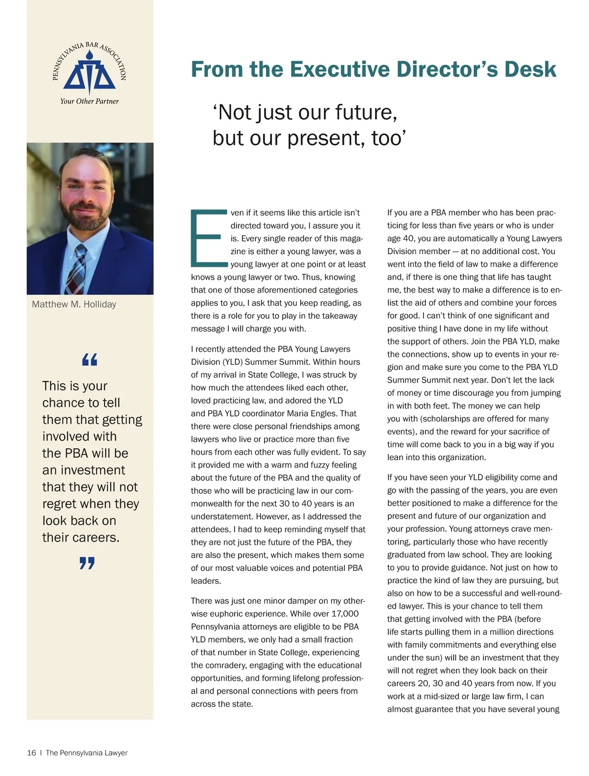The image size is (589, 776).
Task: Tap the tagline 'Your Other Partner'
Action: (x=89, y=101)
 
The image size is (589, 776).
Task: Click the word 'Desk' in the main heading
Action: (x=532, y=69)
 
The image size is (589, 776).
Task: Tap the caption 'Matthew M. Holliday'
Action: (x=74, y=304)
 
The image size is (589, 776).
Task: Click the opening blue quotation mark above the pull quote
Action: (x=89, y=360)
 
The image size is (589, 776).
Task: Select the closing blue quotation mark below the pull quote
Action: (x=87, y=563)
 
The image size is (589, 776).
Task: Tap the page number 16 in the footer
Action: (x=31, y=753)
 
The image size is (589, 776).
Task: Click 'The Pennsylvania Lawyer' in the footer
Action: (x=86, y=753)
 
